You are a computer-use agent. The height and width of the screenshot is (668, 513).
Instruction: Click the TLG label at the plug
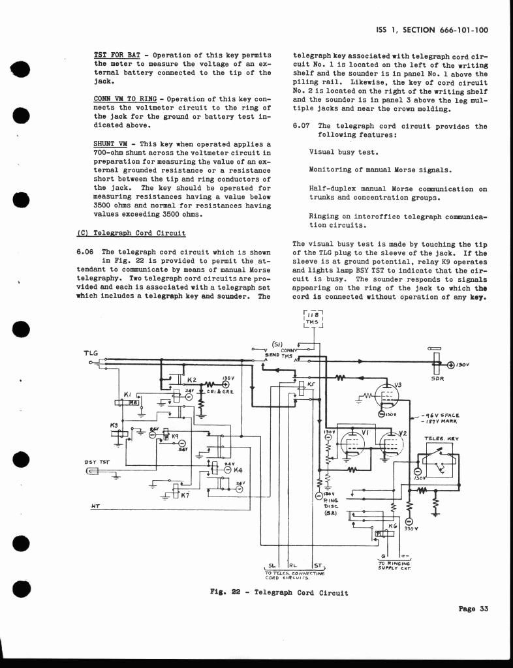click(x=91, y=353)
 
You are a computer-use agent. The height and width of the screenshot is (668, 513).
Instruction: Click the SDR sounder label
click(x=438, y=378)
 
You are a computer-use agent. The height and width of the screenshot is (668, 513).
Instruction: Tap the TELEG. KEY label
click(x=442, y=439)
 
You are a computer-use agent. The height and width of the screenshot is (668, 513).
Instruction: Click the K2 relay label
click(x=192, y=380)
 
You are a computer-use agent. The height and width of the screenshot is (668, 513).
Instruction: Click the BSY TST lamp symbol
click(x=93, y=472)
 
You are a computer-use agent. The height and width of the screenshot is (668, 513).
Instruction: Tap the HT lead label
click(x=95, y=506)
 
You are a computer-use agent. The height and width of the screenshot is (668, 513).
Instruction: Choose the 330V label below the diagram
click(x=411, y=529)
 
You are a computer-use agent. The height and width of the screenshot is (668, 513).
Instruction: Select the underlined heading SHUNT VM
click(x=110, y=143)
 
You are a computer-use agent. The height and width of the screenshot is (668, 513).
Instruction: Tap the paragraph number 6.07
click(x=301, y=126)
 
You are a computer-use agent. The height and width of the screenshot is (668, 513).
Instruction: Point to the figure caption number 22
click(x=237, y=593)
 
